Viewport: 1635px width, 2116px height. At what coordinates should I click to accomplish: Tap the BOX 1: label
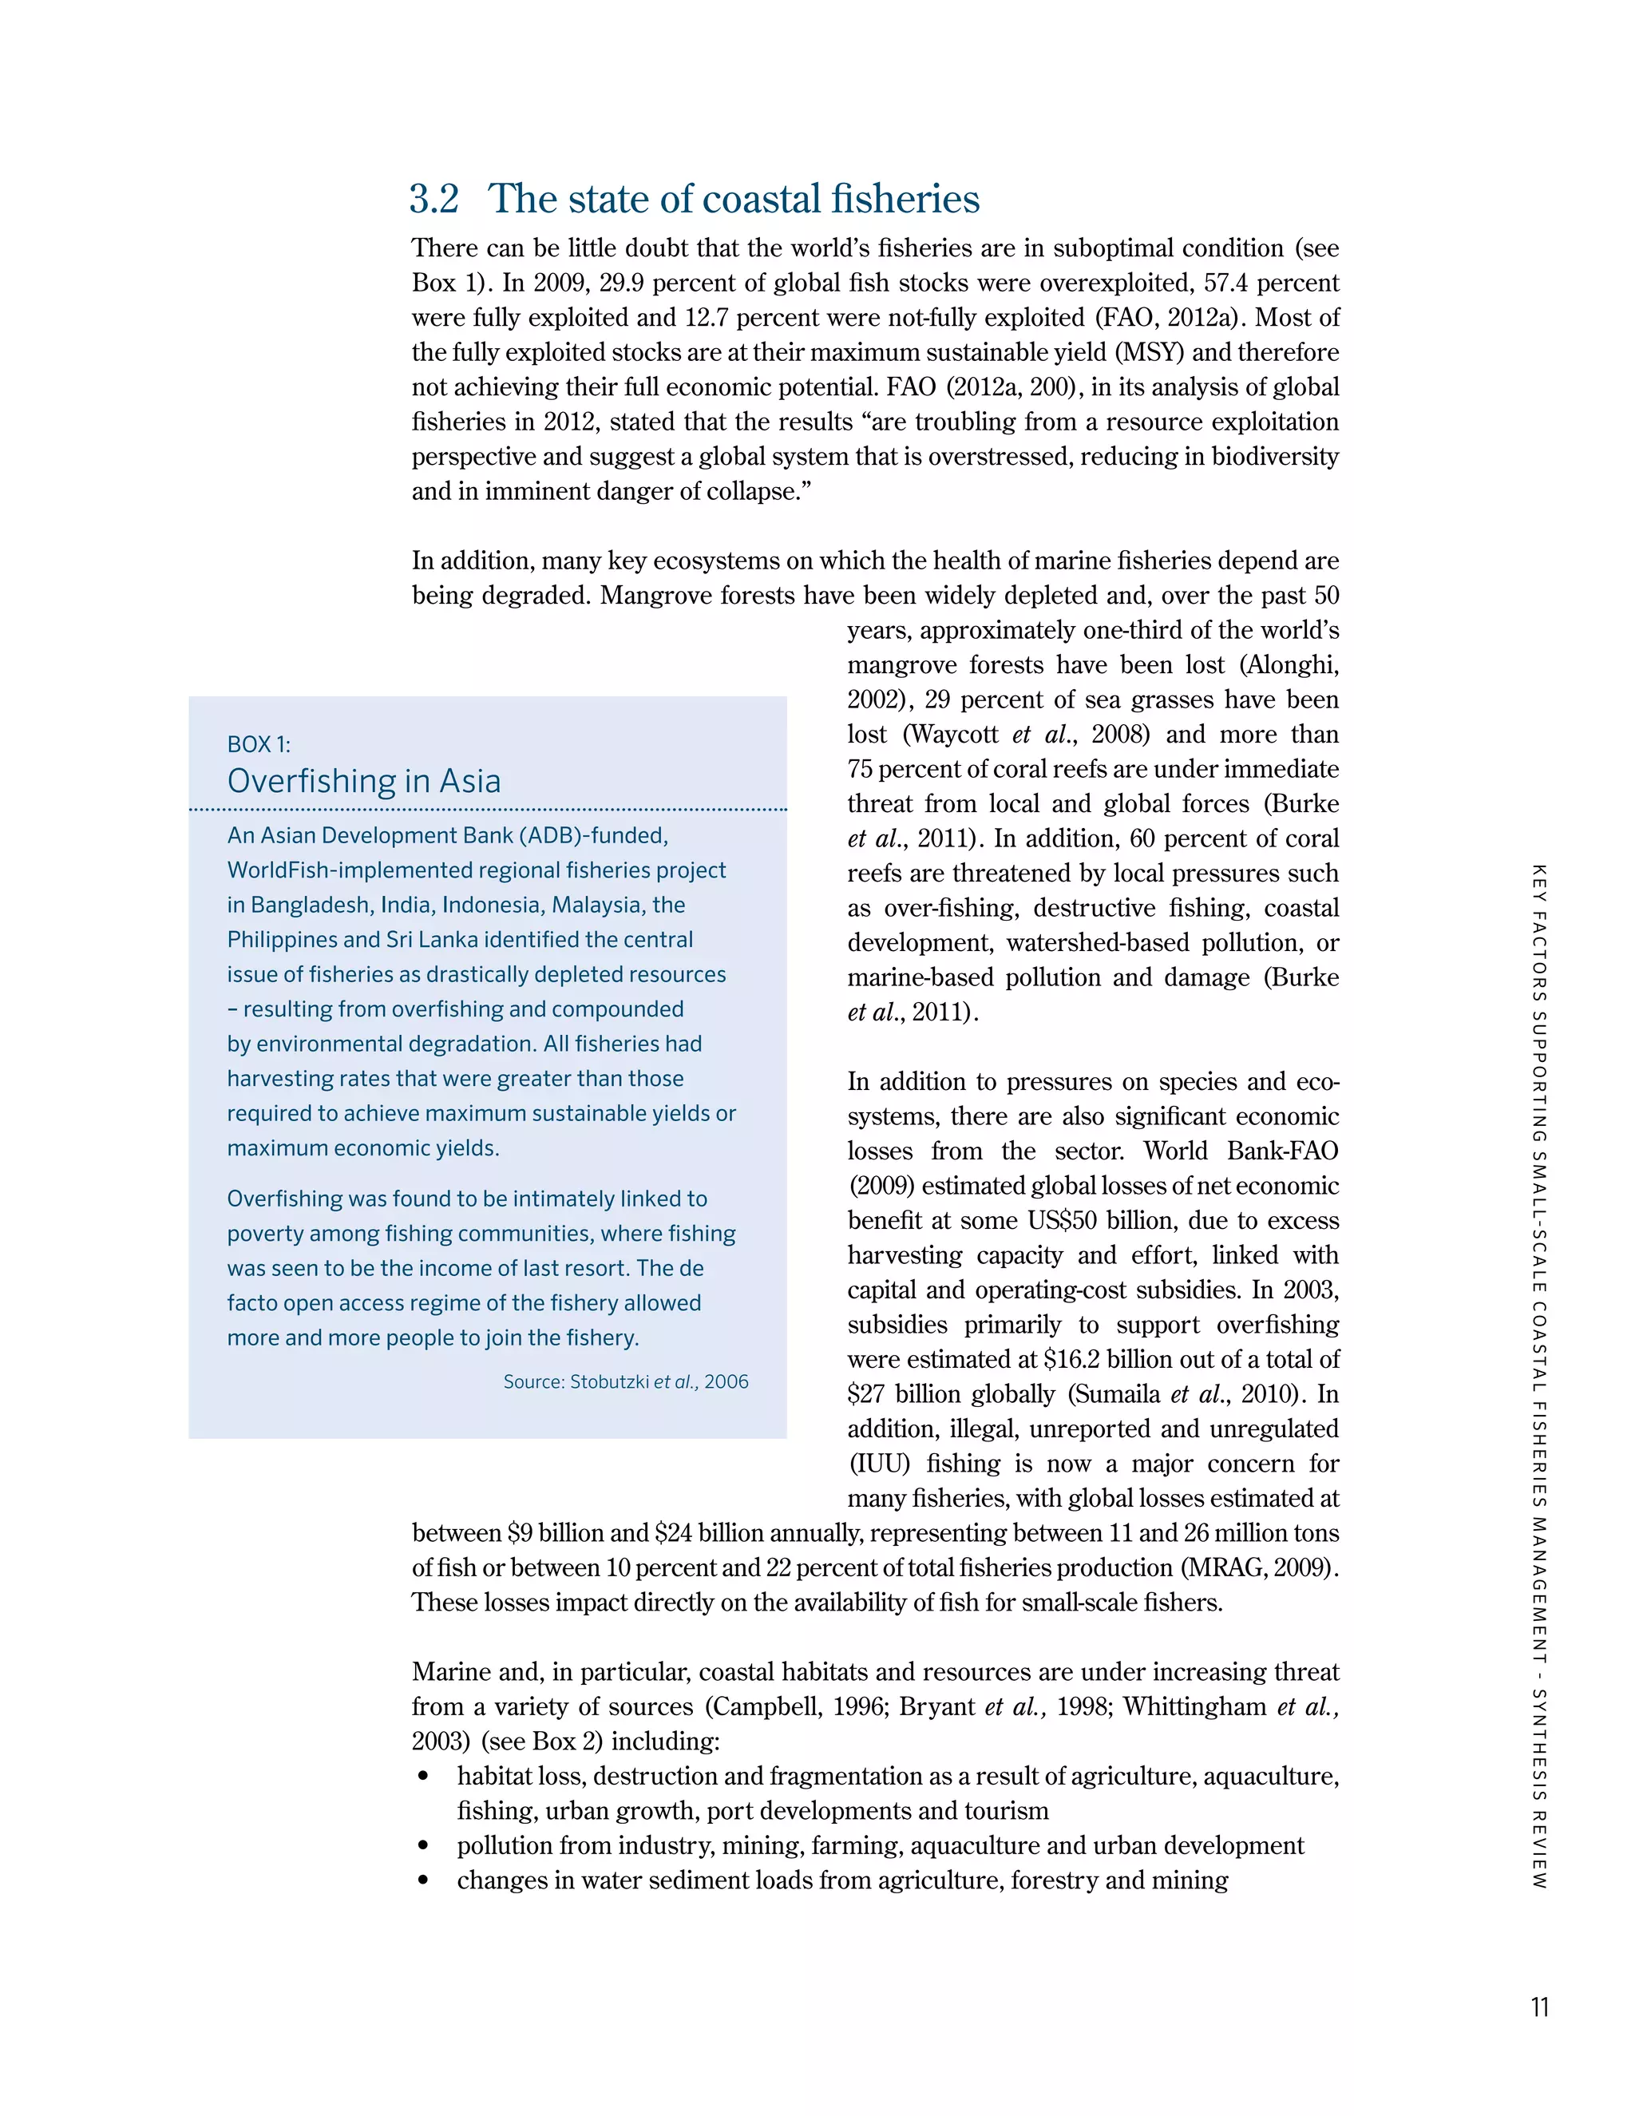pyautogui.click(x=259, y=744)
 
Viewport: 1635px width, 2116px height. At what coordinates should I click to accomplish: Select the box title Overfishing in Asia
pyautogui.click(x=364, y=781)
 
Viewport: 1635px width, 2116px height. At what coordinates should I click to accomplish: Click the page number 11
pyautogui.click(x=1539, y=2007)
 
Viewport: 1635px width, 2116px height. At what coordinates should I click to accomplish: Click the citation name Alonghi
pyautogui.click(x=1289, y=664)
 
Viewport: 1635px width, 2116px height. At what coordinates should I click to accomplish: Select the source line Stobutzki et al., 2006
pyautogui.click(x=626, y=1381)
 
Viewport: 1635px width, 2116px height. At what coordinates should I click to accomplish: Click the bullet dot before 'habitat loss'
pyautogui.click(x=422, y=1777)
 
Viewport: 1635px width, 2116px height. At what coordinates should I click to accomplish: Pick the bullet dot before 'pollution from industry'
pyautogui.click(x=422, y=1847)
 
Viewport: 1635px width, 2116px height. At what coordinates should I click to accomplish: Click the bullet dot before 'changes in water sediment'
pyautogui.click(x=422, y=1881)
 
